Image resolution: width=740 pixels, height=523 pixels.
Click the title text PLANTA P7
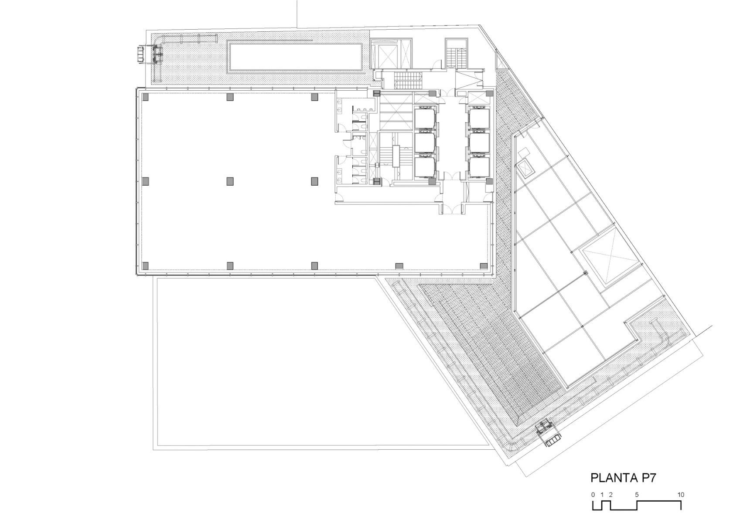[x=623, y=478]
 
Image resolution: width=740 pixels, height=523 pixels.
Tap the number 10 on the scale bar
[x=681, y=495]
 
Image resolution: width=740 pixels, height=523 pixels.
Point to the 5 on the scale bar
[x=637, y=495]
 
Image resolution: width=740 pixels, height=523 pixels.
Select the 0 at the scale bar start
[x=593, y=495]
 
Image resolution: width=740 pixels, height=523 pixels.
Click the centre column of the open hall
[x=230, y=181]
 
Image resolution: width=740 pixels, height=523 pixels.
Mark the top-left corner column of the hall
[x=146, y=97]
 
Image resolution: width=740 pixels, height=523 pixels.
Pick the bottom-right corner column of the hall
[x=483, y=265]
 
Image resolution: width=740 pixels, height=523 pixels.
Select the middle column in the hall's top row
[x=230, y=97]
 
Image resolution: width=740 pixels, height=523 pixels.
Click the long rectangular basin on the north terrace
[x=296, y=57]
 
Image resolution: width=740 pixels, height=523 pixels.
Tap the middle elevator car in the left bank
[x=424, y=142]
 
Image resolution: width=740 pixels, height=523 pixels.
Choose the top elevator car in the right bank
[x=480, y=118]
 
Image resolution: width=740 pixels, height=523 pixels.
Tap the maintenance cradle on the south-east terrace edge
[x=549, y=433]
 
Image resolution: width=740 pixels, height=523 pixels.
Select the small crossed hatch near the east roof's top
[x=524, y=167]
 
